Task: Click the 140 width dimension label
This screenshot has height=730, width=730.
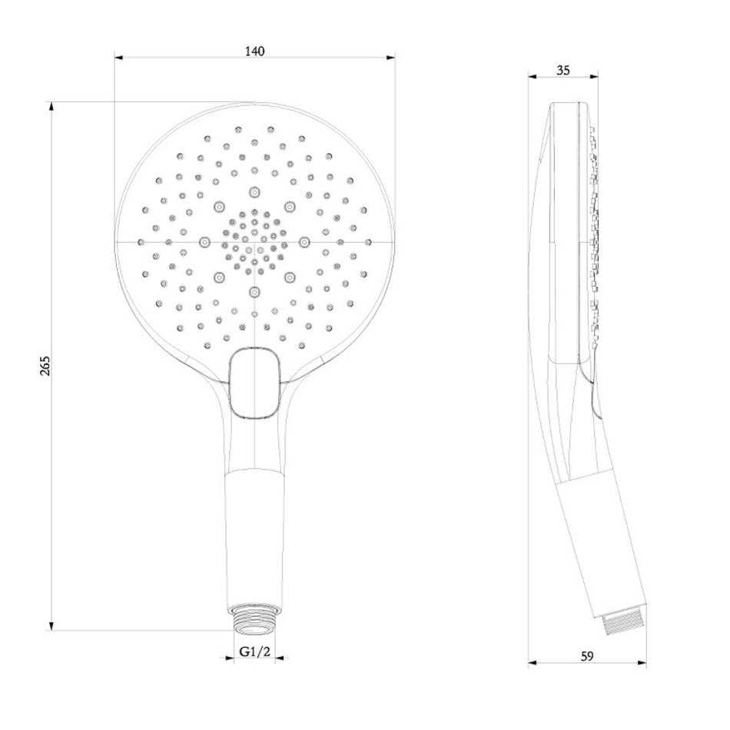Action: [254, 51]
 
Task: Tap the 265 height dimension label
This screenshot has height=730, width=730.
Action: [45, 366]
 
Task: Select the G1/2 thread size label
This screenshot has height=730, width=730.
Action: [254, 652]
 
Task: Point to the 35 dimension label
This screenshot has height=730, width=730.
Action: [562, 70]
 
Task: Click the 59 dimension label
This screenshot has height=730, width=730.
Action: [588, 656]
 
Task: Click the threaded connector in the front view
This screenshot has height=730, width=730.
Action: [254, 619]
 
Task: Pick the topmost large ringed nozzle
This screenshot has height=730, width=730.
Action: [254, 191]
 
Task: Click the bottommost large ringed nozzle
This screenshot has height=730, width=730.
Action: [254, 292]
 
